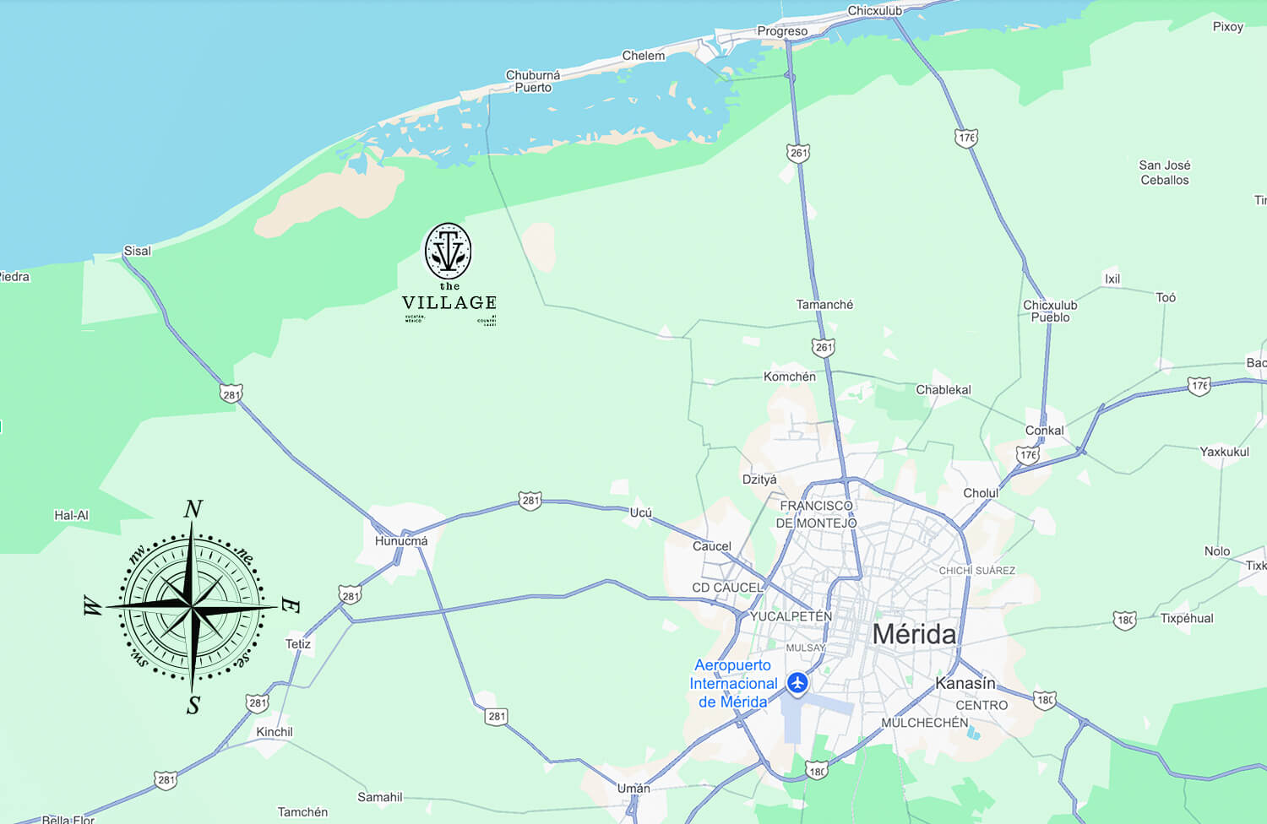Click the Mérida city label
point(914,634)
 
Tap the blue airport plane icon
point(797,682)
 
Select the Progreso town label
point(782,31)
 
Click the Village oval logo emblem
point(448,252)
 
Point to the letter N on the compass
point(193,509)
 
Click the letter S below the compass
point(193,705)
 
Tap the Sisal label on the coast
point(137,251)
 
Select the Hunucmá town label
point(401,540)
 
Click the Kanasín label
point(965,683)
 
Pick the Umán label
point(633,788)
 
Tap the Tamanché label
point(824,304)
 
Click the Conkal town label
point(1044,430)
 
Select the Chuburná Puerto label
point(533,81)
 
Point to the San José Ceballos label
point(1165,172)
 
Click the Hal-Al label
point(71,515)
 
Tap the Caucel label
point(711,546)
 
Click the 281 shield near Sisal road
point(231,393)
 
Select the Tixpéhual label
point(1186,618)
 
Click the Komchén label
point(789,377)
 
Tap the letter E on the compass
point(289,605)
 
